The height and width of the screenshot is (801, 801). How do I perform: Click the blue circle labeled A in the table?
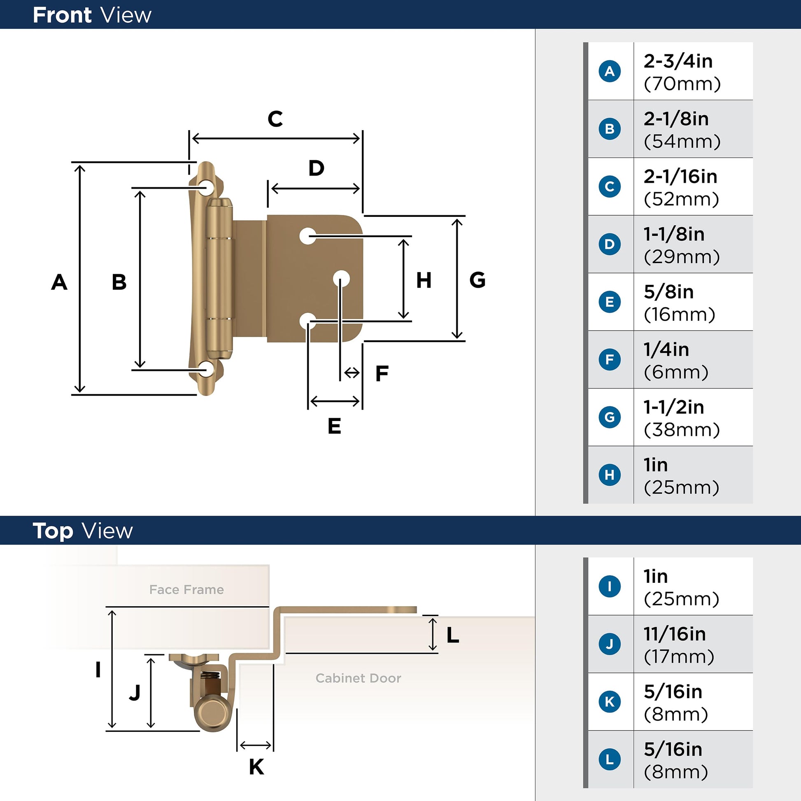[x=610, y=71]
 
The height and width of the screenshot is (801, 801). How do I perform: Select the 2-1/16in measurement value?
[x=680, y=177]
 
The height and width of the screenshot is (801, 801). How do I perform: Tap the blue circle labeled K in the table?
[x=610, y=701]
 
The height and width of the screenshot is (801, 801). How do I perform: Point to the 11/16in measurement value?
[x=675, y=634]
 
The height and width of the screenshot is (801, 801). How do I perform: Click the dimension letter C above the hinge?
[x=275, y=119]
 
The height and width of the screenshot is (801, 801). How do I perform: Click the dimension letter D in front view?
[x=317, y=168]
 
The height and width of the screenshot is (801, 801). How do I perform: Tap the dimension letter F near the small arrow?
[x=382, y=374]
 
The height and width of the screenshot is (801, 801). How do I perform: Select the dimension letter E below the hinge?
[x=334, y=426]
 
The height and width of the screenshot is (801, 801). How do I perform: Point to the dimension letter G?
[x=477, y=280]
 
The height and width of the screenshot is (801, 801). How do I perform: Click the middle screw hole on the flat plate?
[x=341, y=279]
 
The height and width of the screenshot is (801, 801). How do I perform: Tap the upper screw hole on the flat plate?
[x=307, y=236]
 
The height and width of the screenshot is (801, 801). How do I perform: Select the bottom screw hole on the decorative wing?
[x=206, y=368]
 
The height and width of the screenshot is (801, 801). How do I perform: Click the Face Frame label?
[x=186, y=589]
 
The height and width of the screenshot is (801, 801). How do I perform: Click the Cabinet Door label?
[x=358, y=678]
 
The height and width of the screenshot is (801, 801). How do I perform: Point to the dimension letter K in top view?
[x=256, y=767]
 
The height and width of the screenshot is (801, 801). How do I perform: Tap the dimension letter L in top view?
[x=453, y=635]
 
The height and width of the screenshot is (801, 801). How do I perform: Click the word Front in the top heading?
[x=62, y=15]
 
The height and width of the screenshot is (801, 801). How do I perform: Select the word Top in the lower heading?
[x=53, y=531]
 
